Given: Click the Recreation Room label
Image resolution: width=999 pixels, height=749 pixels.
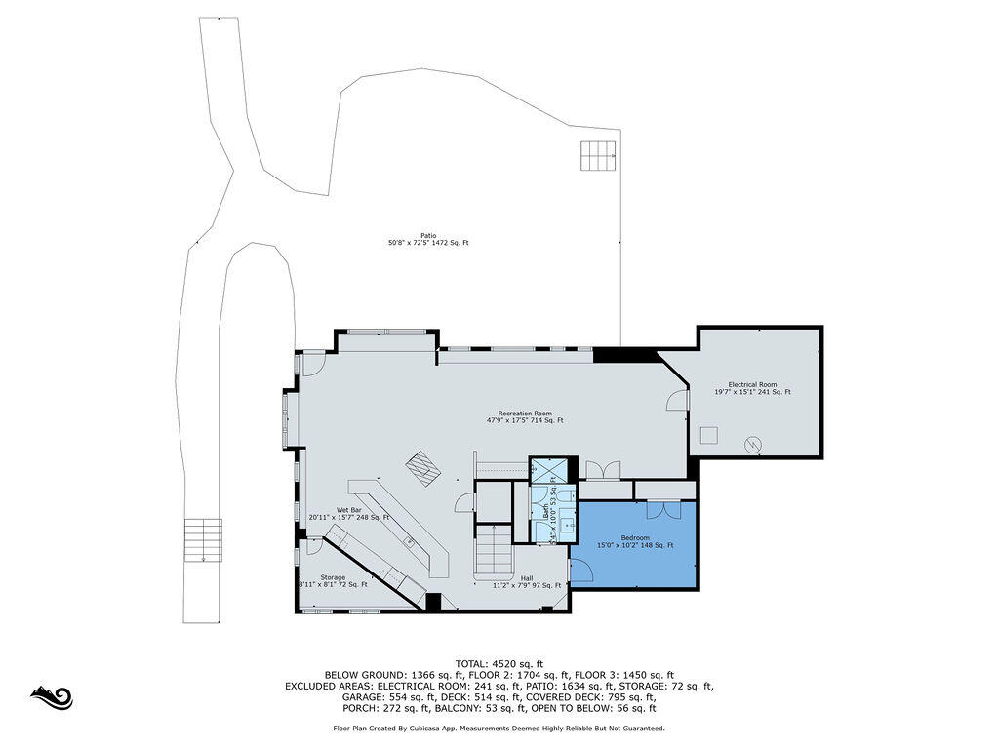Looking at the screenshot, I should point(525,414).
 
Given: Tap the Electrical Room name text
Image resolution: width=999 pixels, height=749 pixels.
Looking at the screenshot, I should point(752,384).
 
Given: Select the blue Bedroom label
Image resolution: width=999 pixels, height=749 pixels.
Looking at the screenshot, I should point(634,538).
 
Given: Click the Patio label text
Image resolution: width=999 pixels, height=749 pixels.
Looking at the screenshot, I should point(427,235).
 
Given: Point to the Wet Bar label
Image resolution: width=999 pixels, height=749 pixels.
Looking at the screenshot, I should point(349,510).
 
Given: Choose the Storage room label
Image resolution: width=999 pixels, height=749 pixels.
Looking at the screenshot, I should point(333,577).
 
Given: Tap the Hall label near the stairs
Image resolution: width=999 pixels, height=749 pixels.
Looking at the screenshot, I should point(526,578).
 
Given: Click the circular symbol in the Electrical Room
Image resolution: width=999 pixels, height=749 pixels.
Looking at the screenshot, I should point(752,444).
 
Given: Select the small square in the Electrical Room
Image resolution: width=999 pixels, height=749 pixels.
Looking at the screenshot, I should point(711,434).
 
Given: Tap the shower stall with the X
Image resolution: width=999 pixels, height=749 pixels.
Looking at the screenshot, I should point(541,469).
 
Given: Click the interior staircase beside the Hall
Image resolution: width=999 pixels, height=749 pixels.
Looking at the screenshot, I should point(494,551).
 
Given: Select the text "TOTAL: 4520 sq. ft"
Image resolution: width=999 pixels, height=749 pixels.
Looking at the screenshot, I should point(499,663).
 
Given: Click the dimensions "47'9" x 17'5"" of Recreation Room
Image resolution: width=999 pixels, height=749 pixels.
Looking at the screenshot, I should point(508,421).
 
